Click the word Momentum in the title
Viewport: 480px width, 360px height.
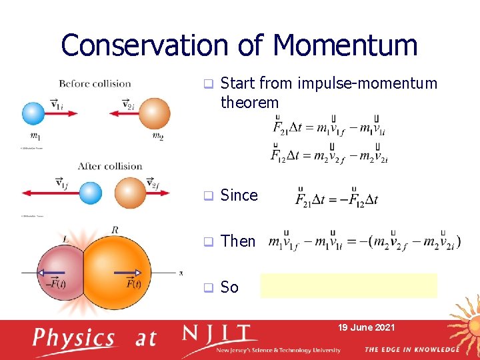345,46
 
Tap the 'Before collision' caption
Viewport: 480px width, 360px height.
95,83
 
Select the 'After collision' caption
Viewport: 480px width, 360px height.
110,166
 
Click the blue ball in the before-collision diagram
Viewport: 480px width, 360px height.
33,113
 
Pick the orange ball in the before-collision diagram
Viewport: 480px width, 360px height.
154,113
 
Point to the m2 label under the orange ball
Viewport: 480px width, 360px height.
157,137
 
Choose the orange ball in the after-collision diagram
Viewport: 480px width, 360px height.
131,193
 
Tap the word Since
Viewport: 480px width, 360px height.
239,195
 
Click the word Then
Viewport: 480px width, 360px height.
238,241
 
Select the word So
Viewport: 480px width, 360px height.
229,287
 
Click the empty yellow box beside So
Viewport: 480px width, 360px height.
349,285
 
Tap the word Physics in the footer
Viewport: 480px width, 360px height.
75,338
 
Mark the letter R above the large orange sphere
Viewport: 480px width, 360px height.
115,230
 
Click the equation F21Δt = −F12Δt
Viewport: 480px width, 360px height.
337,197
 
